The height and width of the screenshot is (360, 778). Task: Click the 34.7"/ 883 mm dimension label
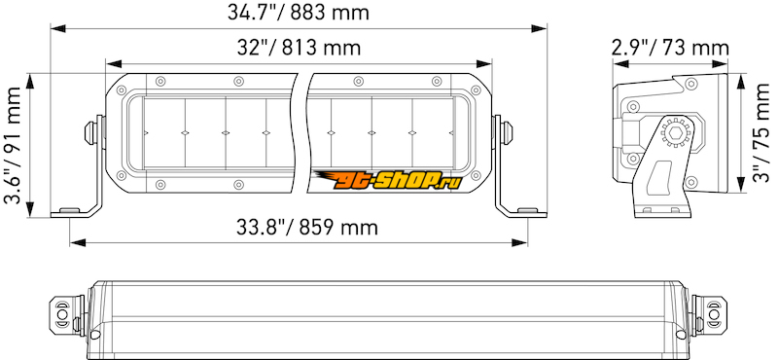(x=299, y=12)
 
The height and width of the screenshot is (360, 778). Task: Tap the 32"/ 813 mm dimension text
(x=299, y=49)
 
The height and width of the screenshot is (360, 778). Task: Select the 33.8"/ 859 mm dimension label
(x=306, y=228)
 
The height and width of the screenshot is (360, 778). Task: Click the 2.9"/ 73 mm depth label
(x=670, y=49)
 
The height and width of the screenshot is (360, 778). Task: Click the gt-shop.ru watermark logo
(x=388, y=181)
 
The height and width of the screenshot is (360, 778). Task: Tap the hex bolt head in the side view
(x=675, y=133)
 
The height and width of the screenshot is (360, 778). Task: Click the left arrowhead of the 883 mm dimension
(x=58, y=28)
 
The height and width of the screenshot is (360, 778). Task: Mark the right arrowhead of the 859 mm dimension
(x=519, y=242)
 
